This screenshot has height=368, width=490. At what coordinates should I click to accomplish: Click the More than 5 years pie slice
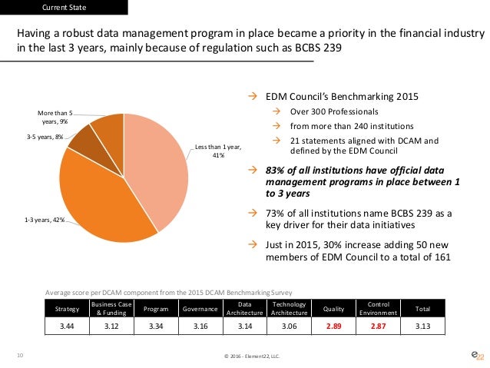(x=106, y=127)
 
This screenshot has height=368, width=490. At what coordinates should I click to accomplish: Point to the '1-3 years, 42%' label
(x=41, y=220)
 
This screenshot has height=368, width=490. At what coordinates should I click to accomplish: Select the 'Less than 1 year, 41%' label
(x=217, y=150)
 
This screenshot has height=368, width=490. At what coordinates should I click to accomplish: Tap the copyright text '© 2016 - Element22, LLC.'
(x=244, y=357)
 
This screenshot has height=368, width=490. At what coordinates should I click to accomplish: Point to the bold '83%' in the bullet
(x=276, y=170)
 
